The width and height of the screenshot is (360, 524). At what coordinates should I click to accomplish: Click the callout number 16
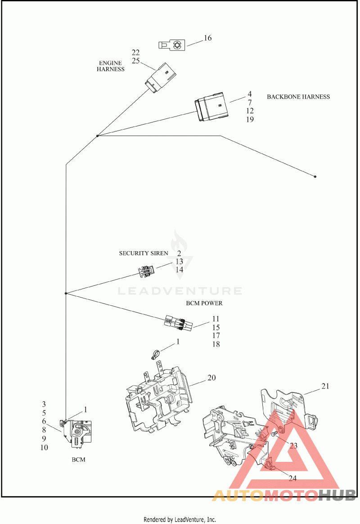click(x=208, y=38)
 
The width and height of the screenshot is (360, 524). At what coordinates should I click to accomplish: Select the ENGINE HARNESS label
click(x=111, y=66)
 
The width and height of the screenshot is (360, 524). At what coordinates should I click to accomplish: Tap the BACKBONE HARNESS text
click(x=298, y=97)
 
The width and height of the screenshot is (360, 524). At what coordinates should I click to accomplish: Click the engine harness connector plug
click(x=161, y=77)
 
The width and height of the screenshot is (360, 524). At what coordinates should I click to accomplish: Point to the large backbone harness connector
click(x=212, y=107)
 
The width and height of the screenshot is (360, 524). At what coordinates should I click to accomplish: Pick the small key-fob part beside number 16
click(x=171, y=45)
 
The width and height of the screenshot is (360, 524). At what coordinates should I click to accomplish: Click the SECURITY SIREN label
click(x=144, y=253)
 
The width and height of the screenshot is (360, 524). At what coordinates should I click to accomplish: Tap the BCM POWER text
click(x=204, y=303)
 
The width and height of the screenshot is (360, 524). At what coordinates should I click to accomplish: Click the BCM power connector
click(x=178, y=324)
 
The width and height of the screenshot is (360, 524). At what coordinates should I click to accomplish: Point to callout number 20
click(x=212, y=378)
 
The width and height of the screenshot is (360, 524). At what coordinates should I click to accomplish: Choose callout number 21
click(x=325, y=386)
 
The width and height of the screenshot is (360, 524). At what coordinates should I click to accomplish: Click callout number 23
click(x=293, y=446)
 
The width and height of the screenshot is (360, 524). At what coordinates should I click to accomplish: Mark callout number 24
click(x=292, y=478)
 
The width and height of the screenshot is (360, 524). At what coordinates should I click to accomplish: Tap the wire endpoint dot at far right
click(x=315, y=176)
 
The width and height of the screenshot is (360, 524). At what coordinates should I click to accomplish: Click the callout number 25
click(x=135, y=61)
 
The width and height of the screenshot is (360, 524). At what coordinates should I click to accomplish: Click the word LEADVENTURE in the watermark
click(x=180, y=291)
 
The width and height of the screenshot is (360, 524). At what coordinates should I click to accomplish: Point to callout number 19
click(x=250, y=119)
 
